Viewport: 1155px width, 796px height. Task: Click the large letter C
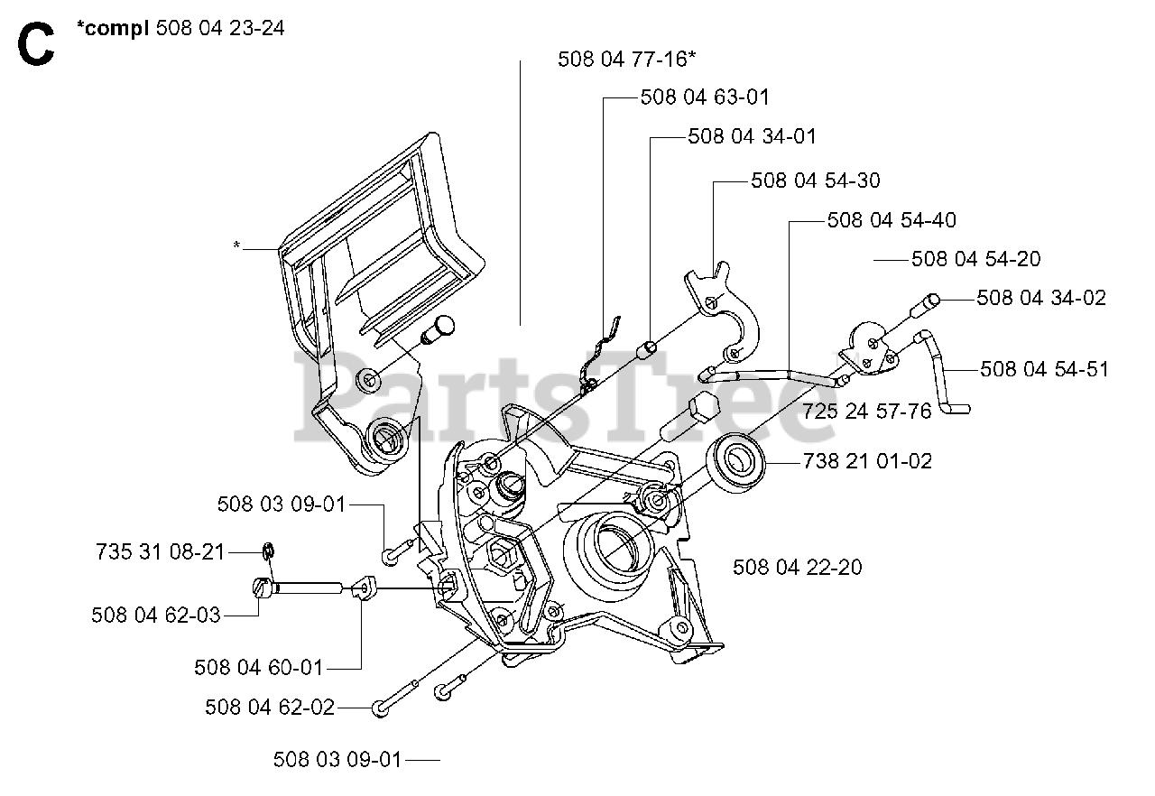35,45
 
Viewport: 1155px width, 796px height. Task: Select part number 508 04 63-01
705,97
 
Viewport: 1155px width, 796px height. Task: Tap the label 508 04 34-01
752,136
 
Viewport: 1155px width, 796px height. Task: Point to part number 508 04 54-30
816,180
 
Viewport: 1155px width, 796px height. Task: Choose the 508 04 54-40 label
892,220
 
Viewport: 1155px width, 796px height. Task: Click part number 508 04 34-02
1041,298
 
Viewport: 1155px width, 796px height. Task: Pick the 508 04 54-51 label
1044,369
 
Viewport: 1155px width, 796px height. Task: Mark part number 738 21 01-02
867,462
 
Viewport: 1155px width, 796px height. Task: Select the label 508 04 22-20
797,567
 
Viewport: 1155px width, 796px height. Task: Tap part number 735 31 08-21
160,551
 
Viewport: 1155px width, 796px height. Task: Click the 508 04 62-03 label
155,616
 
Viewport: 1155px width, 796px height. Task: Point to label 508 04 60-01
258,668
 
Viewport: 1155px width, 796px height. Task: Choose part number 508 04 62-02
269,708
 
